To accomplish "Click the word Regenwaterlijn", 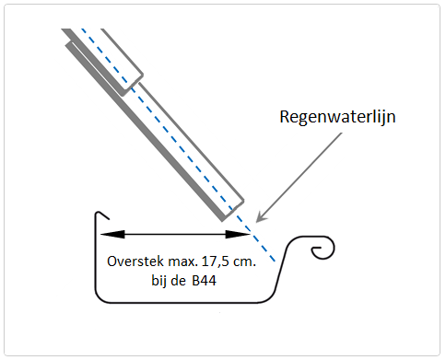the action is coord(337,117).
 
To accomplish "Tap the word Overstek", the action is coord(135,261).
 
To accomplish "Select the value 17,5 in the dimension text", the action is coord(215,261).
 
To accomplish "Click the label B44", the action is coord(205,281).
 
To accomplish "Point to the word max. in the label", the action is coord(183,262).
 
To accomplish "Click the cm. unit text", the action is coord(244,262).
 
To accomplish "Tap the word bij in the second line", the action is coord(159,281).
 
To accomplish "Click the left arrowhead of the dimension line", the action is coord(112,234).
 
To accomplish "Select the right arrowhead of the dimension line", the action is coord(238,234).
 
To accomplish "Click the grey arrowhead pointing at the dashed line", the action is coord(260,217).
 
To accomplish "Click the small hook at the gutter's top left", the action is coord(102,215).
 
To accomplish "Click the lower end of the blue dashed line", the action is coord(275,261).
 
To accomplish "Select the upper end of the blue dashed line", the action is coord(82,29).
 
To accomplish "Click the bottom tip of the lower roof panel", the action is coord(222,220).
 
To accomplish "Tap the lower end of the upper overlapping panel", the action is coord(123,94).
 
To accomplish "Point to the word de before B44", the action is coord(178,281).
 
